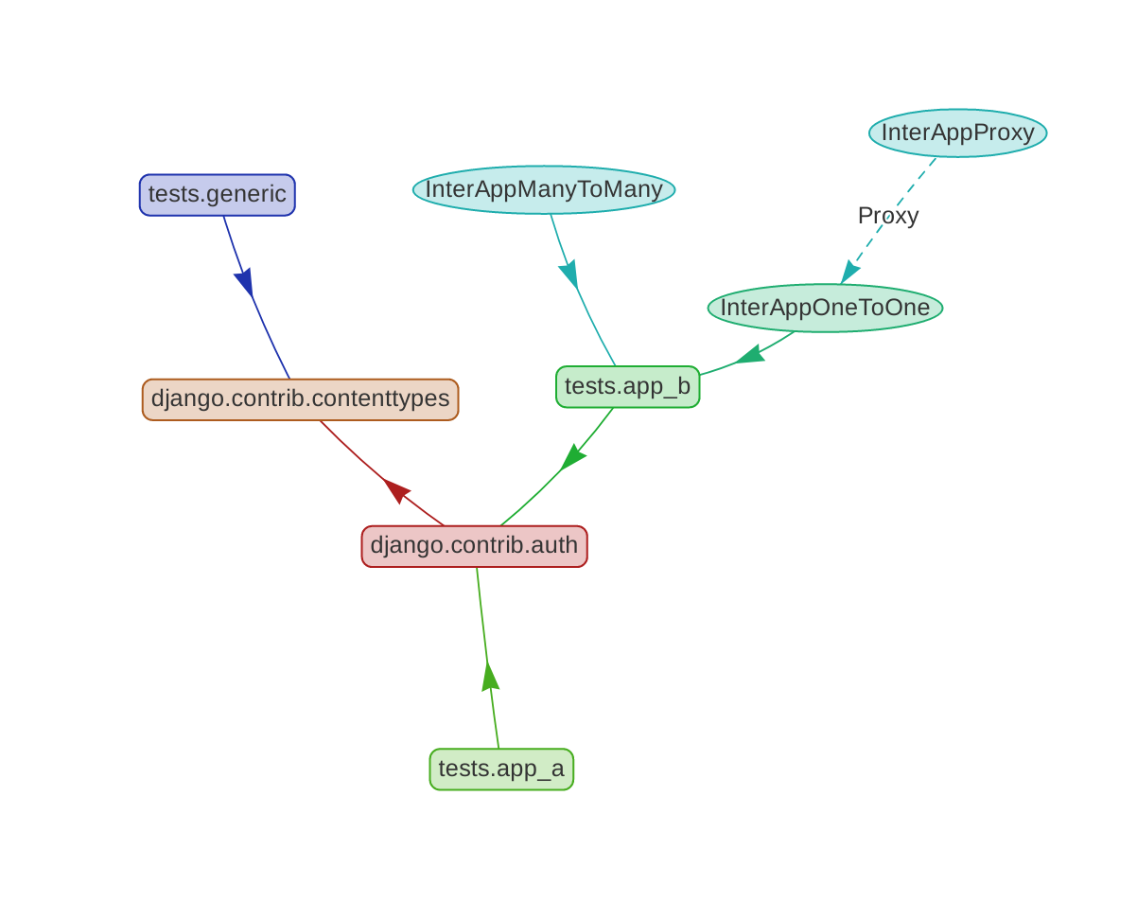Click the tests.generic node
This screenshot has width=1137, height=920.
[218, 195]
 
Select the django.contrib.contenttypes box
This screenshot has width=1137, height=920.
[300, 399]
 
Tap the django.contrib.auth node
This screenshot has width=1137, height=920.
[474, 546]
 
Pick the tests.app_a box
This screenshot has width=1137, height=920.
[501, 769]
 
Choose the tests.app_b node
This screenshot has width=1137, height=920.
[627, 386]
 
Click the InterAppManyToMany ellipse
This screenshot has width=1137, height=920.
[544, 189]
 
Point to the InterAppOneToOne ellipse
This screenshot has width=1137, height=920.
[825, 308]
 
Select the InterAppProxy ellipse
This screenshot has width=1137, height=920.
[957, 133]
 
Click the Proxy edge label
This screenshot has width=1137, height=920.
[887, 216]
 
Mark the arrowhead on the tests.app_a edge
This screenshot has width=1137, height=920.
[490, 677]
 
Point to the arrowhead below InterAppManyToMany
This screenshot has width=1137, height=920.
[569, 274]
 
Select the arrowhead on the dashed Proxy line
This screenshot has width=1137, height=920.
[849, 272]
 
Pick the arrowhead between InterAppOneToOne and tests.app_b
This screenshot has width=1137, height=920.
[749, 355]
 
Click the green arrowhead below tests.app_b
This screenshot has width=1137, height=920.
[572, 457]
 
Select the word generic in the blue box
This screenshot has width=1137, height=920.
[247, 195]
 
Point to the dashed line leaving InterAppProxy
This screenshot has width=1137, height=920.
[908, 194]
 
